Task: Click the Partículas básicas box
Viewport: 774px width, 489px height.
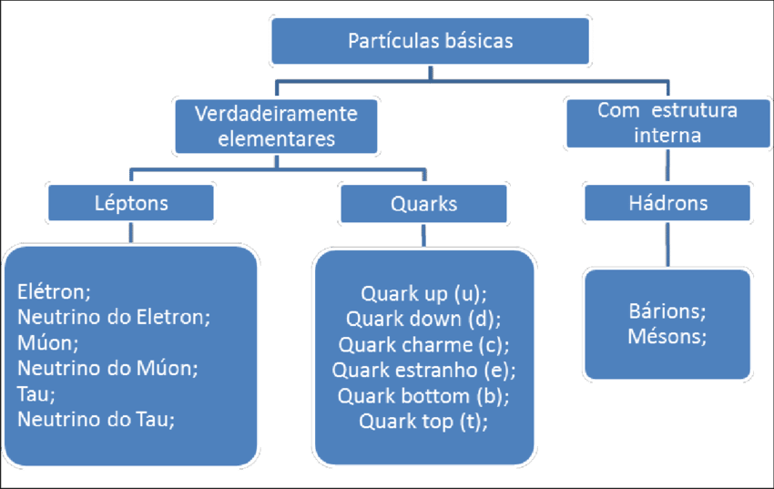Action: tap(431, 41)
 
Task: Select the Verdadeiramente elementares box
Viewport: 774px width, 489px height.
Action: tap(276, 127)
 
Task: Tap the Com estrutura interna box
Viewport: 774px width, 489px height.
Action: tap(667, 123)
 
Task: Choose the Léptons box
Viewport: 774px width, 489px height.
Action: tap(132, 203)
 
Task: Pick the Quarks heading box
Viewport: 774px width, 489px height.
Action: tap(423, 203)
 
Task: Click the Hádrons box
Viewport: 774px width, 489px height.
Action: tap(667, 203)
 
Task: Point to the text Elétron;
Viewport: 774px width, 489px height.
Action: tap(55, 292)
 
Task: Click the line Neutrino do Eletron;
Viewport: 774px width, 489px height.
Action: tap(114, 318)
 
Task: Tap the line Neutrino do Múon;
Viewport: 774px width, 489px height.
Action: tap(107, 369)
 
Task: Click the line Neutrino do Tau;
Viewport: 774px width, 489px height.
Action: tap(96, 419)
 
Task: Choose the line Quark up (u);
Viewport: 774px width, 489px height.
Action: tap(423, 294)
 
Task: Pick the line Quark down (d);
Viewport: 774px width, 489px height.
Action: tap(423, 320)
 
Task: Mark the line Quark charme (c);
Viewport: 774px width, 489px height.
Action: tap(423, 345)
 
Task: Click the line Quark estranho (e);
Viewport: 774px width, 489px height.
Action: tap(423, 371)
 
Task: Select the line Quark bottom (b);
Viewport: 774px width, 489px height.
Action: tap(423, 396)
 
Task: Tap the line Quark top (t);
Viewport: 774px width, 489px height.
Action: tap(423, 422)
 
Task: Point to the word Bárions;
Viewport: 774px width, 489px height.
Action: tap(667, 311)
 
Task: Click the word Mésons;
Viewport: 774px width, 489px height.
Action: tap(667, 337)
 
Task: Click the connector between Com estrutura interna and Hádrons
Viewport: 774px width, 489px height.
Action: tap(667, 167)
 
